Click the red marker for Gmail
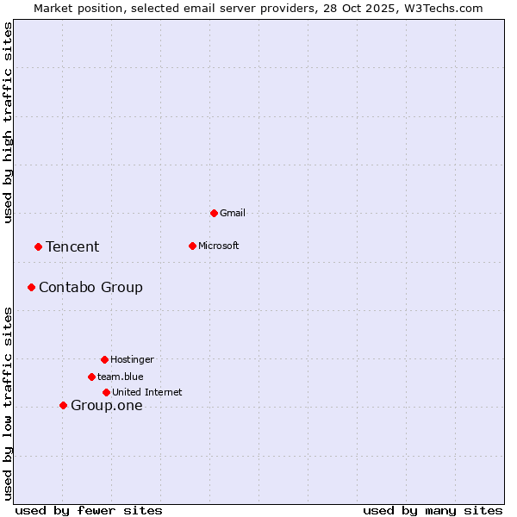pos(214,213)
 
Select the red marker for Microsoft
pos(192,246)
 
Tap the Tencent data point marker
pos(38,246)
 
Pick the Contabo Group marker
pos(31,287)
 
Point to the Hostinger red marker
pos(104,359)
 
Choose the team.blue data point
pos(91,377)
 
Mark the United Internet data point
pos(106,392)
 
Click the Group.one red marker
pos(63,405)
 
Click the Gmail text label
pos(233,213)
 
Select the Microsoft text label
pos(219,246)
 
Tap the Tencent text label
pos(72,247)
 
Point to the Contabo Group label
pos(90,288)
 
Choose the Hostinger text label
pos(132,359)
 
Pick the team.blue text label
pos(121,377)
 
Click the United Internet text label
pos(147,392)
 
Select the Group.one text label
pos(107,406)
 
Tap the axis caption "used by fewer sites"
pos(89,510)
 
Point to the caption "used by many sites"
pos(433,510)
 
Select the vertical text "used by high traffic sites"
pos(8,122)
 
